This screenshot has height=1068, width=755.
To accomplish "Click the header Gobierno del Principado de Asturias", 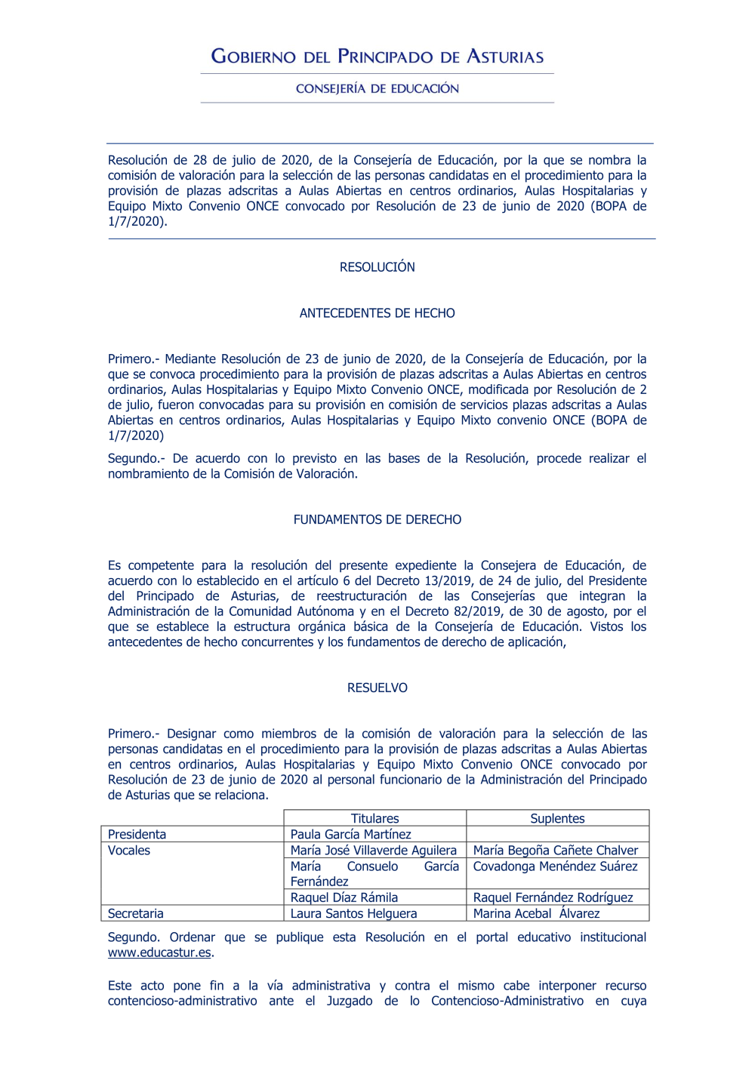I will pyautogui.click(x=377, y=57).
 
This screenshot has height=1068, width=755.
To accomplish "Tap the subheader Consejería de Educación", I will pyautogui.click(x=377, y=88).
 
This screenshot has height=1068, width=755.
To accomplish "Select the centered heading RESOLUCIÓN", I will pyautogui.click(x=377, y=267).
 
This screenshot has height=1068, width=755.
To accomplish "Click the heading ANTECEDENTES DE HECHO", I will pyautogui.click(x=377, y=313).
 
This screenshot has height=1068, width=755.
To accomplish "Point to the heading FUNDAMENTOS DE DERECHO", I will pyautogui.click(x=377, y=520).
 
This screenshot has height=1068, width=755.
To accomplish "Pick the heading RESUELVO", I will pyautogui.click(x=377, y=688).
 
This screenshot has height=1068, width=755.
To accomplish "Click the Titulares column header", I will pyautogui.click(x=374, y=819).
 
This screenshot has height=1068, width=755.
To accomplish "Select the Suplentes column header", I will pyautogui.click(x=557, y=819).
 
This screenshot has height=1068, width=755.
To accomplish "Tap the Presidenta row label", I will pyautogui.click(x=137, y=835).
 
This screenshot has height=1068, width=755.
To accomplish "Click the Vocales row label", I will pyautogui.click(x=129, y=851).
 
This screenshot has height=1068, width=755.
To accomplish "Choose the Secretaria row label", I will pyautogui.click(x=136, y=914).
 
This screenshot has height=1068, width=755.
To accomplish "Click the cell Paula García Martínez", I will pyautogui.click(x=351, y=835).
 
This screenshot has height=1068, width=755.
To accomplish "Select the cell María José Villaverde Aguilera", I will pyautogui.click(x=374, y=851).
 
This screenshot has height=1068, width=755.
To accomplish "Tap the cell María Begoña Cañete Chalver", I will pyautogui.click(x=556, y=851).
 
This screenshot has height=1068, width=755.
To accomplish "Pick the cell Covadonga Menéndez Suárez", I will pyautogui.click(x=556, y=866).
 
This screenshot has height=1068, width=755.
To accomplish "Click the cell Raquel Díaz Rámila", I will pyautogui.click(x=344, y=898).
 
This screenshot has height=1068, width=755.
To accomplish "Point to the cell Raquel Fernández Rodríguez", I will pyautogui.click(x=553, y=898).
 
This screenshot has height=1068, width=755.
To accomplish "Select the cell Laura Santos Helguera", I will pyautogui.click(x=353, y=914).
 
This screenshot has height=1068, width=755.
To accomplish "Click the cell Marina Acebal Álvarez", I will pyautogui.click(x=537, y=914).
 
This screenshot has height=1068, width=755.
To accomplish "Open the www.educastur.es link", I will pyautogui.click(x=159, y=953).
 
